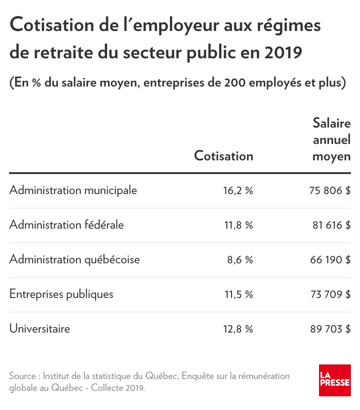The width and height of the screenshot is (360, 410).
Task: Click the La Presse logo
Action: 334,380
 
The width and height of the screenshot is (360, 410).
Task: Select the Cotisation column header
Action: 223,156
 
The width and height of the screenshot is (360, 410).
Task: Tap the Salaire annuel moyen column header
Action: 331,140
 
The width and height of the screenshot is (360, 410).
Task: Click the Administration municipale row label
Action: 73,190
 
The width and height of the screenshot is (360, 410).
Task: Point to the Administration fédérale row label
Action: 67,225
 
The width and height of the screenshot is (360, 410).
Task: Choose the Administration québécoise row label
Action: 75,260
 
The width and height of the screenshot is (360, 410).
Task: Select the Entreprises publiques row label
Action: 61,294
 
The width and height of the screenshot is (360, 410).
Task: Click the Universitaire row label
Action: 40,328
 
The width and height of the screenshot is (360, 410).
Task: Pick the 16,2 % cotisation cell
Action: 238,190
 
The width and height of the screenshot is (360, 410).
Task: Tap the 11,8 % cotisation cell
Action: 239,225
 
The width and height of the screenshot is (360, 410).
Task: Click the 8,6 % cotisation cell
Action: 240,260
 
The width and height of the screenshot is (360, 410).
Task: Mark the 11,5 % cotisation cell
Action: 239,294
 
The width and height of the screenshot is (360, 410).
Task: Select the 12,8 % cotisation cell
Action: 238,329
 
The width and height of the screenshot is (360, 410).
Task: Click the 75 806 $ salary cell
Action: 330,190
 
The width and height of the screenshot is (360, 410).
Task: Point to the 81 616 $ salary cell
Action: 331,225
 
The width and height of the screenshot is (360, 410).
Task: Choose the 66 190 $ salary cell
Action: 330,260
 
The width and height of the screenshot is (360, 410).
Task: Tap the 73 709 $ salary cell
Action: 331,294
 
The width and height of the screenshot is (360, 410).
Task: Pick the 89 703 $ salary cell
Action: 330,329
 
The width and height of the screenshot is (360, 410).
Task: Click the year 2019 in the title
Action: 283,52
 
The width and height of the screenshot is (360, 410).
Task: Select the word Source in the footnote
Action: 22,376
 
